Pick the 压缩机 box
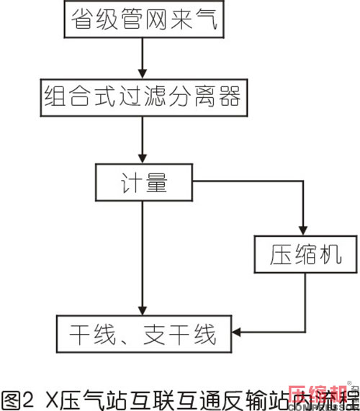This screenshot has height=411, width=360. click(x=305, y=254)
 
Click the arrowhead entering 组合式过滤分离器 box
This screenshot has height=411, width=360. click(x=145, y=72)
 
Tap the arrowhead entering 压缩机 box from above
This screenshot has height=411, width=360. click(x=305, y=231)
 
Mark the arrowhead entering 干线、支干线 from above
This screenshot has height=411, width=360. click(x=145, y=310)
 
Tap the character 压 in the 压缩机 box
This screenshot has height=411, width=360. click(x=282, y=254)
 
